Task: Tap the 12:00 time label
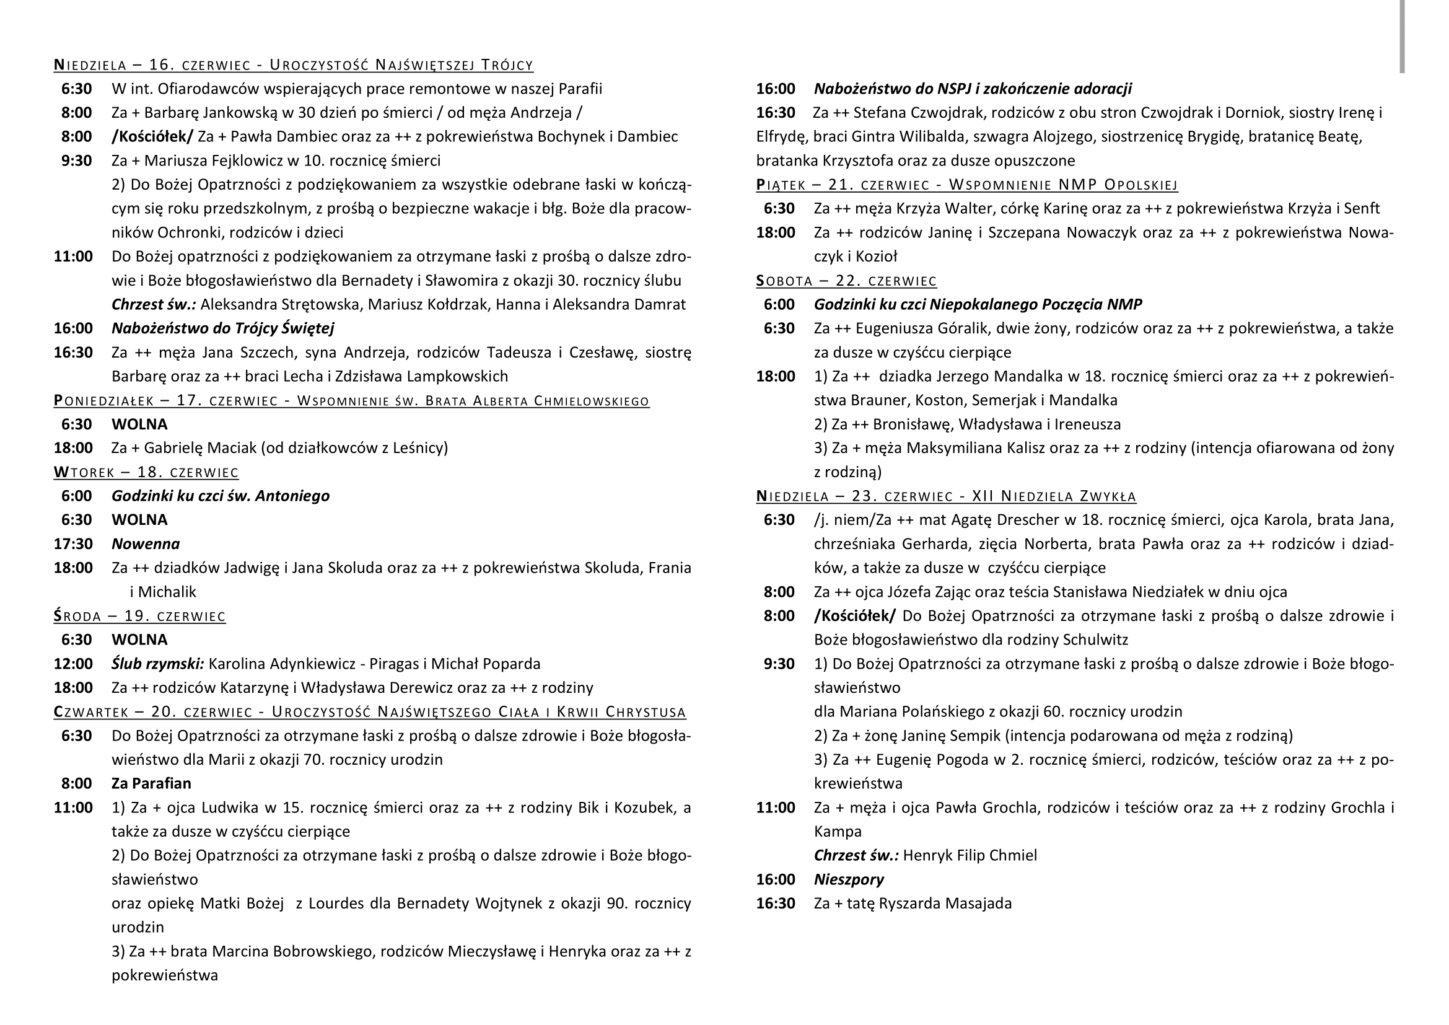pyautogui.click(x=73, y=664)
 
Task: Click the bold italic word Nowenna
pyautogui.click(x=146, y=544)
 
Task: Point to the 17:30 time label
pyautogui.click(x=73, y=544)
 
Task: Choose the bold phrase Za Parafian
pyautogui.click(x=151, y=784)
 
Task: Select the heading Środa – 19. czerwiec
pyautogui.click(x=139, y=616)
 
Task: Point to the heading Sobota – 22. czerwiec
pyautogui.click(x=846, y=281)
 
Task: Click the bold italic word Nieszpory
pyautogui.click(x=848, y=880)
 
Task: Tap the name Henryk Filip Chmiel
pyautogui.click(x=970, y=856)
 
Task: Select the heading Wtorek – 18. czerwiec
pyautogui.click(x=146, y=472)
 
